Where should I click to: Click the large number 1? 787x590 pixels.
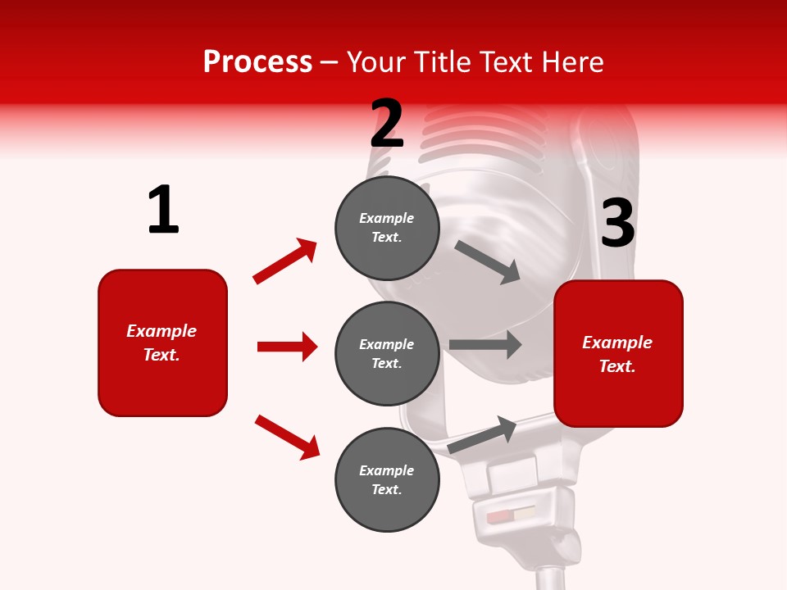(163, 211)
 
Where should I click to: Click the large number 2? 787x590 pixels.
(387, 124)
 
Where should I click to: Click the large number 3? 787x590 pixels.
(618, 224)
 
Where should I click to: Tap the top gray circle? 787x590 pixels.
(387, 228)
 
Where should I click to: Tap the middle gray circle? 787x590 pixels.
(387, 353)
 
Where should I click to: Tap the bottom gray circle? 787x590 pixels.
(387, 479)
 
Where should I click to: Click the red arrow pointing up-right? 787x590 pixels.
(285, 261)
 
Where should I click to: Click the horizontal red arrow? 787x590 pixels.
(287, 347)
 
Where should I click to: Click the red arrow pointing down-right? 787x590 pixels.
(287, 437)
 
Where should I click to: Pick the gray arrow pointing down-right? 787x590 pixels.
(488, 261)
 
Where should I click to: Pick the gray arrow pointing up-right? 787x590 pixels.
(482, 434)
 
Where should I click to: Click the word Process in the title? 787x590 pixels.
(257, 61)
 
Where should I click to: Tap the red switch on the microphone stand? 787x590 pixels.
(499, 517)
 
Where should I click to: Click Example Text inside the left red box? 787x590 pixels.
(161, 343)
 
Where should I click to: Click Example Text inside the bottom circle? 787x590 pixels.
(387, 479)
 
